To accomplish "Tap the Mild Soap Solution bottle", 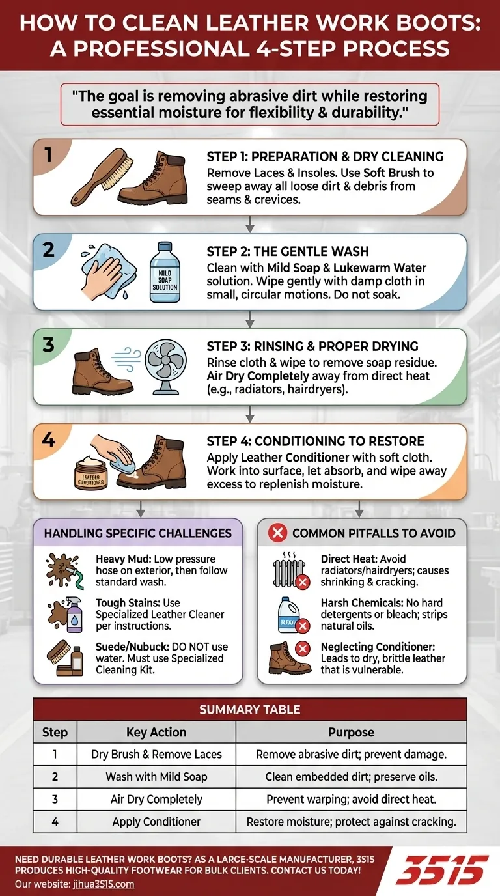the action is pos(165,272).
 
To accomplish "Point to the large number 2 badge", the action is pos(48,249).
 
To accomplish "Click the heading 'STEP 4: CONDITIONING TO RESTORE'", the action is pos(315,441).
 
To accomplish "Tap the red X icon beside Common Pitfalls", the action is pos(277,533).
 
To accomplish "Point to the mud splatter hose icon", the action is pos(65,571).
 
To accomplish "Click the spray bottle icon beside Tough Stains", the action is pos(66,615).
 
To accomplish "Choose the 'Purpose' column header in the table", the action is pos(351,732).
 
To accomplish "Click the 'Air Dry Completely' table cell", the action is pos(156,799).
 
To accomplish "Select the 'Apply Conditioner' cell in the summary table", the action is pos(156,822).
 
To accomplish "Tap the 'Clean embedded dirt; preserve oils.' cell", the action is pos(351,777).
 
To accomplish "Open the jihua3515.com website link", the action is pos(104,884).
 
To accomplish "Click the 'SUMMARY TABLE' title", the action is pos(249,710).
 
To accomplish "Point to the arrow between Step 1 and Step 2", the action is pos(249,225).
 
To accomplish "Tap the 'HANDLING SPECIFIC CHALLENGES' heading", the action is pos(137,533).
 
